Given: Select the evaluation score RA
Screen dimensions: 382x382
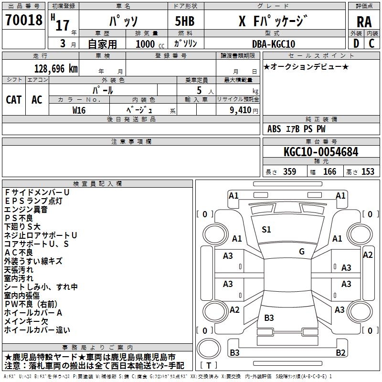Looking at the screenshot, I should [364, 22].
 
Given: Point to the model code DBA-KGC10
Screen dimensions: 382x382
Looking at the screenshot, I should [274, 44].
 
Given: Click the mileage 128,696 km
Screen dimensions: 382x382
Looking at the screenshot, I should [56, 68].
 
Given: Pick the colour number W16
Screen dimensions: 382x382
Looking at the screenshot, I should [79, 110].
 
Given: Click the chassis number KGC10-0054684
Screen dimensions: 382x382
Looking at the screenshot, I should [320, 152].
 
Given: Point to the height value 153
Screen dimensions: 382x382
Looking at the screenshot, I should [367, 172].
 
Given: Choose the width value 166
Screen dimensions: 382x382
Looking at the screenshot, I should [329, 172].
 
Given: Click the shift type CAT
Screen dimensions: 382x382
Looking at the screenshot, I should [13, 100].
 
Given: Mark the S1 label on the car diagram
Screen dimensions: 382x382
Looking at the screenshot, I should [266, 230].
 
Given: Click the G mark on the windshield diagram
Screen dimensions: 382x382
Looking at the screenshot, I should [302, 252].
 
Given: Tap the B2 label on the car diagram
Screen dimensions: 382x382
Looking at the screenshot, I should [340, 353].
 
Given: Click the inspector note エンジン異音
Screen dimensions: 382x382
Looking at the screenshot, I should [26, 209].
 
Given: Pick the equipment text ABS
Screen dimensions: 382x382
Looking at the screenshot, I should [274, 129].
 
